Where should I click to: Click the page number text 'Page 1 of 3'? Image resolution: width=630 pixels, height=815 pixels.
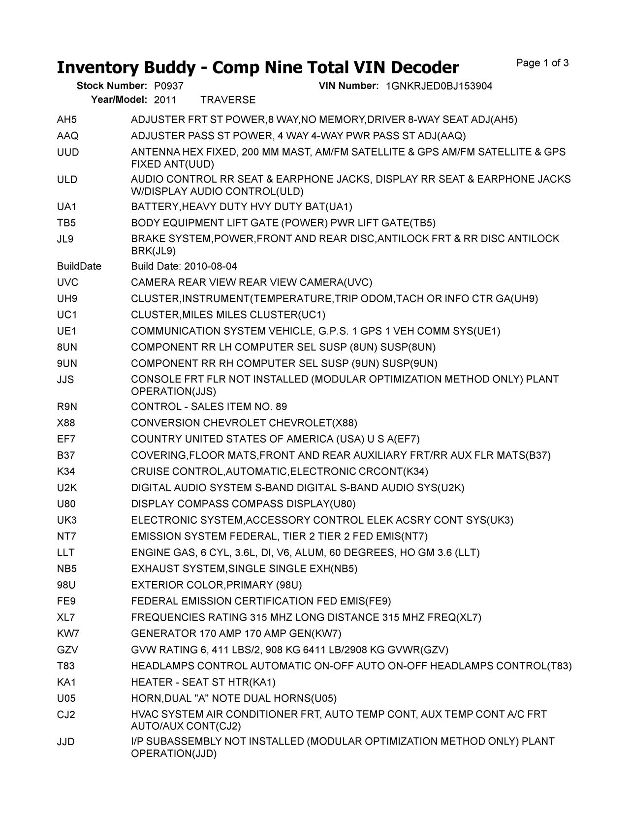[x=542, y=63]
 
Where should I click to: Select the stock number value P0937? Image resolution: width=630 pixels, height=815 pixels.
[x=169, y=86]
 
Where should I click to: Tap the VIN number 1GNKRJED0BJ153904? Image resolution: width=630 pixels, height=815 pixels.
[x=439, y=86]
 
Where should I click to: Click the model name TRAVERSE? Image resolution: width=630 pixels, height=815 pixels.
[x=228, y=100]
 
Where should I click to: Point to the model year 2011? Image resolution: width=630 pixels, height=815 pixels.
[x=165, y=100]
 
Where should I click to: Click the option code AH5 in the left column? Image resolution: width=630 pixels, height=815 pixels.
[x=67, y=120]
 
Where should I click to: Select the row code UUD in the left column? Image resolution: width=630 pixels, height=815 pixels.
[x=68, y=152]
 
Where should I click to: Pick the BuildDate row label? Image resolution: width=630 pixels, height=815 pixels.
[x=79, y=266]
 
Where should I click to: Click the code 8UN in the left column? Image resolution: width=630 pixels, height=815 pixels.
[x=67, y=347]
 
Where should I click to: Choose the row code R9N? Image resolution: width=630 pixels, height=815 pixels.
[x=67, y=407]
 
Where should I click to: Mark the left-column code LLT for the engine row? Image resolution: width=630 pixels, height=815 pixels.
[x=65, y=553]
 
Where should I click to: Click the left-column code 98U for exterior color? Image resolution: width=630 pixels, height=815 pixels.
[x=66, y=585]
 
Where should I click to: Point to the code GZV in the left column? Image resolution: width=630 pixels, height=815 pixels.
[x=67, y=650]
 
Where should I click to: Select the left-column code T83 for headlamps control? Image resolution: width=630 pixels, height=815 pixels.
[x=66, y=666]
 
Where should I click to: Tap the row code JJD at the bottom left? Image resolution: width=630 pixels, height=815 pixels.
[x=66, y=741]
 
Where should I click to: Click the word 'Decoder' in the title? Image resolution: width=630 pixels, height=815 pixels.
[x=420, y=67]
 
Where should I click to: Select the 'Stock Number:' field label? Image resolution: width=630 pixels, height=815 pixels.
[x=112, y=86]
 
